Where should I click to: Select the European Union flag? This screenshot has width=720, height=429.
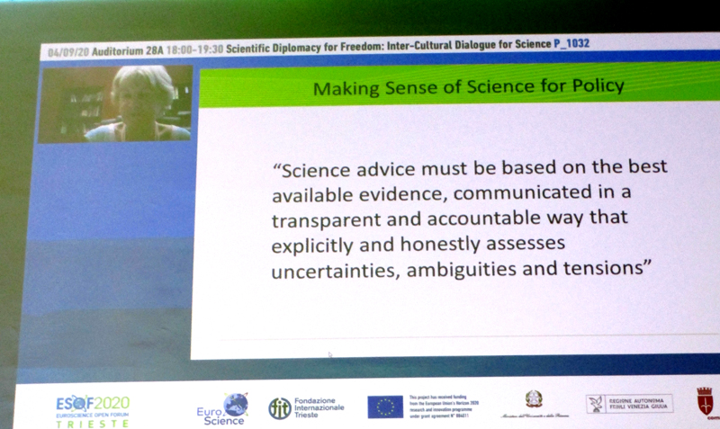click(385, 407)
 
